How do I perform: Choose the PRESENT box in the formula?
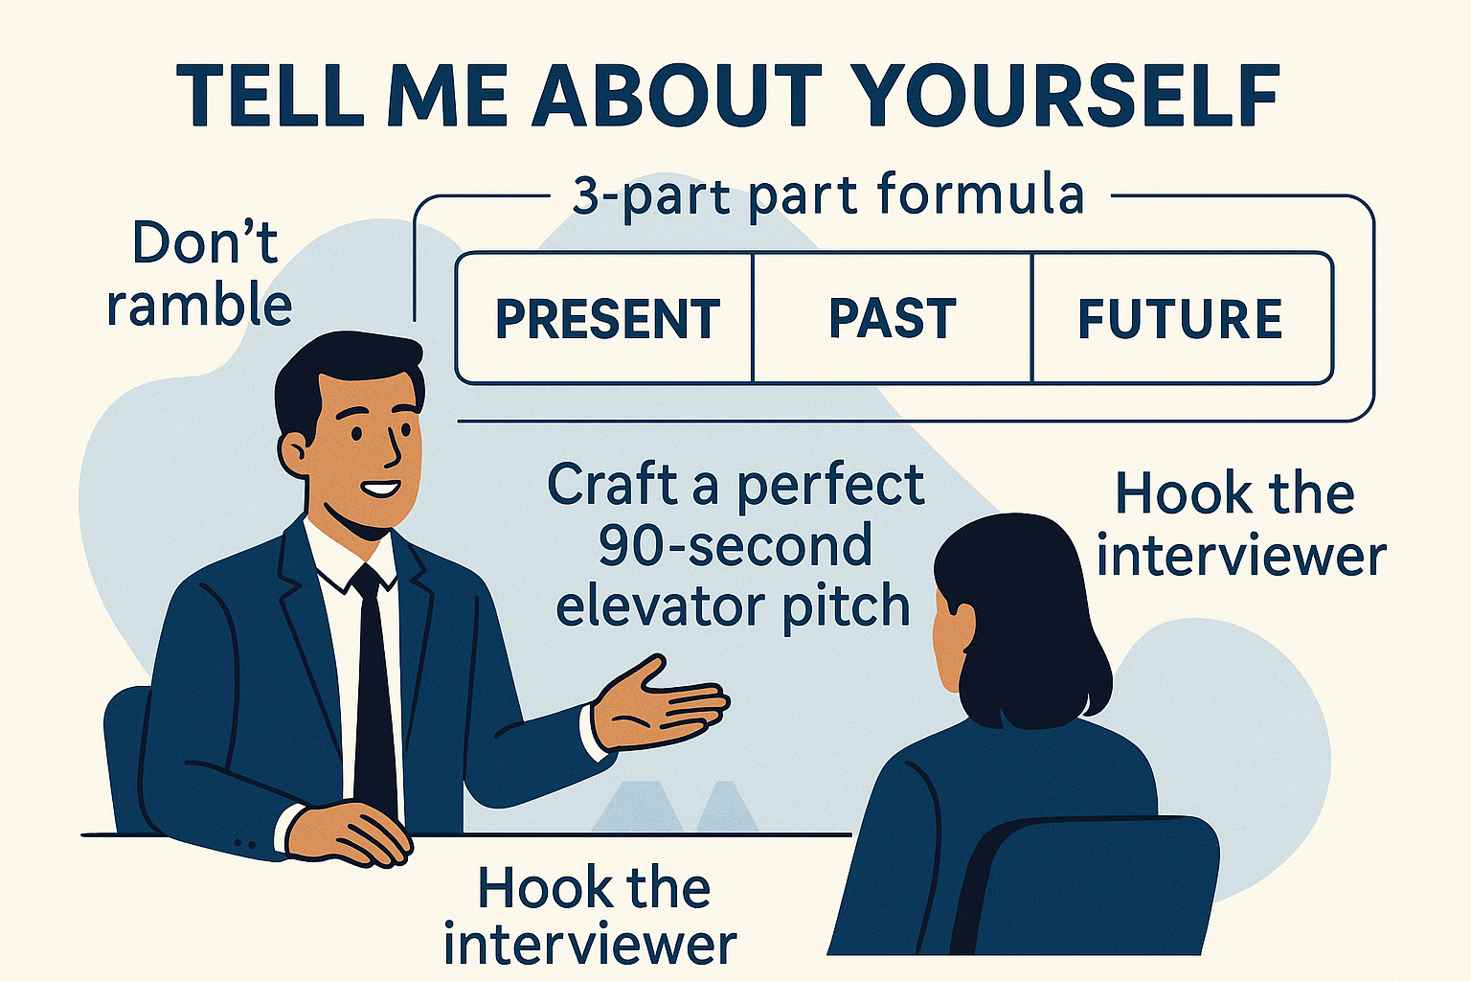607,319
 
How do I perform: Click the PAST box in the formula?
892,319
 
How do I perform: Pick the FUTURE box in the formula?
1180,319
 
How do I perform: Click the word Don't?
205,243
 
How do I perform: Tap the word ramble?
199,306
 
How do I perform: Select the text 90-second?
735,546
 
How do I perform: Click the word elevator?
662,607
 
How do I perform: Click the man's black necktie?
374,690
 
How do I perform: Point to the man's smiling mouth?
381,490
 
